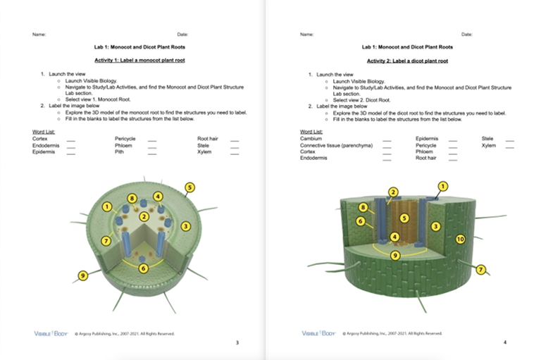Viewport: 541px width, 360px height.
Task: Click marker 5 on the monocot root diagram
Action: pyautogui.click(x=189, y=187)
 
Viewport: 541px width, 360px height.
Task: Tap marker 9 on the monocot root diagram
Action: pyautogui.click(x=83, y=275)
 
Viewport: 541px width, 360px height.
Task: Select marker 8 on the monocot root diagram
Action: pyautogui.click(x=132, y=199)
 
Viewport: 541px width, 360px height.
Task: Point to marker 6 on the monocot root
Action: pyautogui.click(x=144, y=268)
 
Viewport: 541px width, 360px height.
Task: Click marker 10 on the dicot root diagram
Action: pyautogui.click(x=460, y=239)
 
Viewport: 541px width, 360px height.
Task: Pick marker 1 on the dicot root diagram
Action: pyautogui.click(x=442, y=186)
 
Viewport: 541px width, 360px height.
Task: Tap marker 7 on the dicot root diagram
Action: pyautogui.click(x=481, y=269)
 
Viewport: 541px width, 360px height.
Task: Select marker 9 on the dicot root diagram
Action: pyautogui.click(x=395, y=255)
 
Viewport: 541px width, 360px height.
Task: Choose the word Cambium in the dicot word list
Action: pyautogui.click(x=311, y=139)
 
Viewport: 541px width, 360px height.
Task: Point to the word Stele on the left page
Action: pyautogui.click(x=204, y=145)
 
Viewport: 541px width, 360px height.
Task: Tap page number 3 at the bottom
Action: pyautogui.click(x=237, y=342)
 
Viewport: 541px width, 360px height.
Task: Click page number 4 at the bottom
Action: pyautogui.click(x=504, y=342)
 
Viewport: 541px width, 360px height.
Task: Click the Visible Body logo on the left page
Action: pyautogui.click(x=49, y=333)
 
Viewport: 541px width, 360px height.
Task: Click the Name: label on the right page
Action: pyautogui.click(x=306, y=34)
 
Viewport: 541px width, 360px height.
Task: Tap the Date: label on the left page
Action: pyautogui.click(x=182, y=34)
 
